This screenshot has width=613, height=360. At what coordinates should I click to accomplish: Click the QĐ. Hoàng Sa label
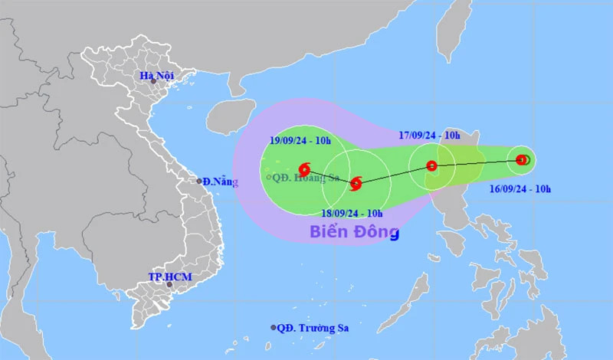[x=304, y=177]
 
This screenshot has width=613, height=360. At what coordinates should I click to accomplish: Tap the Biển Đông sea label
[x=354, y=231]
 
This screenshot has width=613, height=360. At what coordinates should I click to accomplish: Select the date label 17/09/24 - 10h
[x=428, y=136]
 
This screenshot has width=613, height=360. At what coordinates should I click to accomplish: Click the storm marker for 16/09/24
[x=522, y=160]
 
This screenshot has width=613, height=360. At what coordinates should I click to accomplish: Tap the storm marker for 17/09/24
[x=431, y=165]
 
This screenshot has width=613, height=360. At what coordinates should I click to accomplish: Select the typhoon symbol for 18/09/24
[x=356, y=183]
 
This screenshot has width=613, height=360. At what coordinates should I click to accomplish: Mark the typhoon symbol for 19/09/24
[x=304, y=168]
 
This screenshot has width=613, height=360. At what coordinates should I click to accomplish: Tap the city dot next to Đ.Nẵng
[x=198, y=182]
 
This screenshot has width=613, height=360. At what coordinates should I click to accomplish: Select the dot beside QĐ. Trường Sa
[x=274, y=327]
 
